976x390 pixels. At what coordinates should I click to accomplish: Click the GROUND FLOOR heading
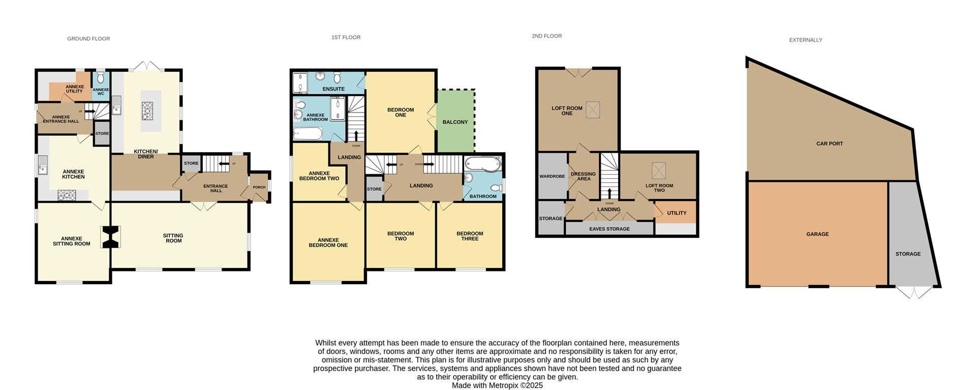88,39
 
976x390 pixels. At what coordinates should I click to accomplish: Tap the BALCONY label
455,122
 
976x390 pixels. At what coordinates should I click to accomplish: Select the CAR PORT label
830,144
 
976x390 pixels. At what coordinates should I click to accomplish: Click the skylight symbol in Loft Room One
593,110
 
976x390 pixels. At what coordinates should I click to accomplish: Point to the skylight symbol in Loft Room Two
659,170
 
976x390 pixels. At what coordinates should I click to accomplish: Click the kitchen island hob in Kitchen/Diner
147,111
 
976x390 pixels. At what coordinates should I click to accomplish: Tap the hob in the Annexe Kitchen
67,194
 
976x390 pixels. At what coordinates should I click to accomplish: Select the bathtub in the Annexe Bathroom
308,134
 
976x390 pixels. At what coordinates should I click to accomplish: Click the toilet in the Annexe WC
101,77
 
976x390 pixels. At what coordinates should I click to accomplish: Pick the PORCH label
259,187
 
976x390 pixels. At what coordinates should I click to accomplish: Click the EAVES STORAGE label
609,229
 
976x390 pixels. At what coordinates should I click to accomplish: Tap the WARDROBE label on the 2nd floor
552,177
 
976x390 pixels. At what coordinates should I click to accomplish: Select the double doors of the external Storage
914,292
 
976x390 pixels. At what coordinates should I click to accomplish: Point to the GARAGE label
817,234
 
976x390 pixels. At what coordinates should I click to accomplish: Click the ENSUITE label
333,89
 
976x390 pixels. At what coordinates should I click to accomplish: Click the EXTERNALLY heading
805,40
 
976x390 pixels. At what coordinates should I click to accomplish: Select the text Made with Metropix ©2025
497,385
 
